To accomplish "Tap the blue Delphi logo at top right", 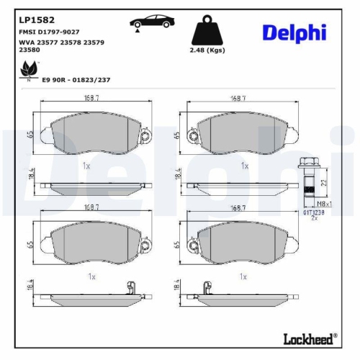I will [294, 32].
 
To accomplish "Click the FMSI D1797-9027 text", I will [49, 32].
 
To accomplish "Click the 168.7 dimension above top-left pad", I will [91, 99].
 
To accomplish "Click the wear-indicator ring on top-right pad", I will [192, 136].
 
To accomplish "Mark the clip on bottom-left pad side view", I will [130, 286].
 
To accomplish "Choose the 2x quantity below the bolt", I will [313, 219].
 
